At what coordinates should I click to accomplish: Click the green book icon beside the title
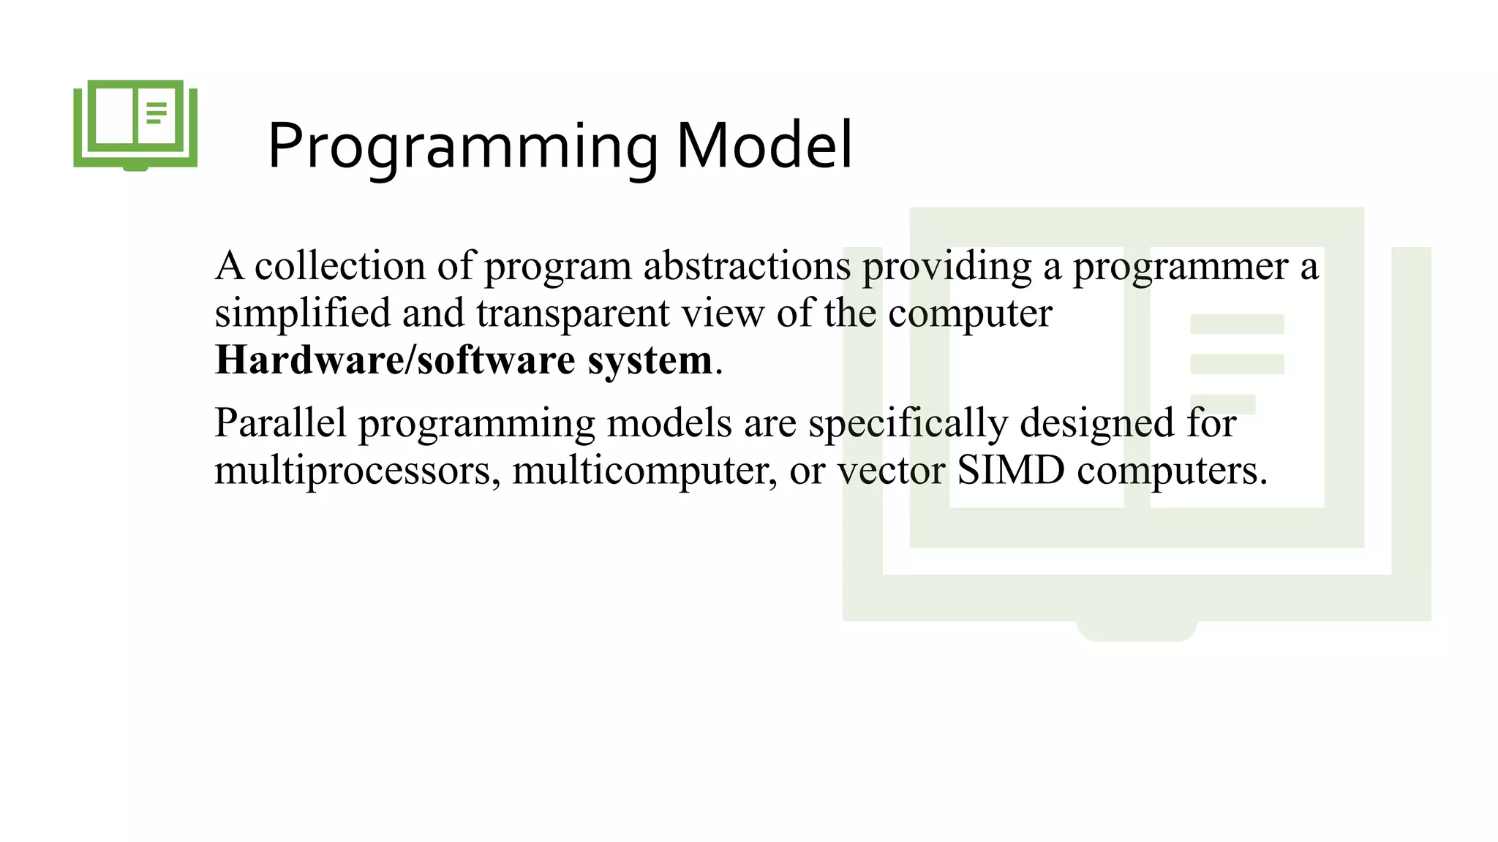pyautogui.click(x=135, y=124)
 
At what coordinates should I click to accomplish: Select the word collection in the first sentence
pyautogui.click(x=339, y=266)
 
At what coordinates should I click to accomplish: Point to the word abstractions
pyautogui.click(x=747, y=266)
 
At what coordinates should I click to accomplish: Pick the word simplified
pyautogui.click(x=302, y=314)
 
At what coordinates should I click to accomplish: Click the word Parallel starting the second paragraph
pyautogui.click(x=280, y=423)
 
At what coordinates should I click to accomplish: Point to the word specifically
pyautogui.click(x=908, y=424)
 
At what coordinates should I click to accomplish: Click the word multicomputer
pyautogui.click(x=644, y=471)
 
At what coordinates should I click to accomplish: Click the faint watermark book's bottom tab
pyautogui.click(x=1136, y=629)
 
